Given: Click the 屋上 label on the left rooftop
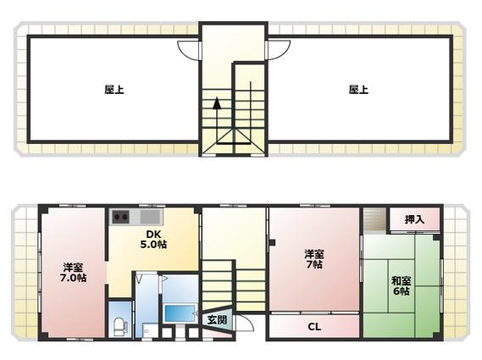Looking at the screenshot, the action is click(x=114, y=90).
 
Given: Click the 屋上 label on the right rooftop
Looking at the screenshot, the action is click(x=358, y=90).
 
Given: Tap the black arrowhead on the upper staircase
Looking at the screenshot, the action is click(x=217, y=103).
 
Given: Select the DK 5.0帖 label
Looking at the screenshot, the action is click(x=153, y=239).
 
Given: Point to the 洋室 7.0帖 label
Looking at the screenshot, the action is click(x=73, y=273).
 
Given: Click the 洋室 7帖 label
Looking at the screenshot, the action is click(x=314, y=259).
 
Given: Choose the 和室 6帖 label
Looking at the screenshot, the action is click(x=402, y=285).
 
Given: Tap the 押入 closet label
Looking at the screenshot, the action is click(x=415, y=219).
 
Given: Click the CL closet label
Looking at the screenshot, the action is click(x=314, y=326).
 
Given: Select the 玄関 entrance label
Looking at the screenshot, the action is click(x=217, y=319).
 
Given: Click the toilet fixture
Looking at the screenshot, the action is click(x=119, y=326).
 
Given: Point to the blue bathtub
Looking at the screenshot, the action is click(x=180, y=313).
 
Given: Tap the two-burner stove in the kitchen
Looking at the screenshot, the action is click(x=120, y=217).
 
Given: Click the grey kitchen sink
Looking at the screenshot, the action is click(x=151, y=217).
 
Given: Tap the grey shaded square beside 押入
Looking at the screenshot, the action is click(x=374, y=219).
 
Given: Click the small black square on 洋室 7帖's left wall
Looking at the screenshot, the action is click(x=272, y=242).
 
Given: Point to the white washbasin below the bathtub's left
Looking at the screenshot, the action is click(x=147, y=330).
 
